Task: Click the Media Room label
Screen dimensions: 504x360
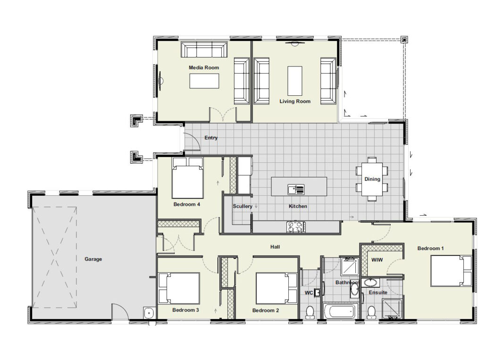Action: [204, 67]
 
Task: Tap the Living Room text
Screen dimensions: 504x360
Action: [295, 101]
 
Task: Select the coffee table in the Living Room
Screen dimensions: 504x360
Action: [295, 81]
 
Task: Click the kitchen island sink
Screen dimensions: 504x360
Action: [296, 189]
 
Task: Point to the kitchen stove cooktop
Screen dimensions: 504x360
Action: [296, 227]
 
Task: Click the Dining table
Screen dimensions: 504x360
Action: [372, 179]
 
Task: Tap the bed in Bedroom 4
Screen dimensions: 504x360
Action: [187, 178]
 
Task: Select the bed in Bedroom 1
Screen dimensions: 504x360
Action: [451, 270]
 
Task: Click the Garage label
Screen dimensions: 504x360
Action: [93, 259]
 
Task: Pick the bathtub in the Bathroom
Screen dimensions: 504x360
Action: [339, 311]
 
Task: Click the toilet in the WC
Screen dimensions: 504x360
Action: [310, 312]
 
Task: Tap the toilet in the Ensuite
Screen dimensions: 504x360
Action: [371, 312]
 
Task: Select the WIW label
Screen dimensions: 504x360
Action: [377, 260]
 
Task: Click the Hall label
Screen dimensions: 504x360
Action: [275, 247]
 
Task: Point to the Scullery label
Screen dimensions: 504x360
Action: [243, 206]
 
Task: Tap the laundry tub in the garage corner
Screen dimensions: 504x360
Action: [149, 313]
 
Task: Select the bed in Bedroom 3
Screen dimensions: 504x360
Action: [179, 288]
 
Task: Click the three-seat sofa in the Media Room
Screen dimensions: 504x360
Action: [204, 50]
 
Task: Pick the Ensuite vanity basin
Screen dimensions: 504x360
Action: [370, 283]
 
